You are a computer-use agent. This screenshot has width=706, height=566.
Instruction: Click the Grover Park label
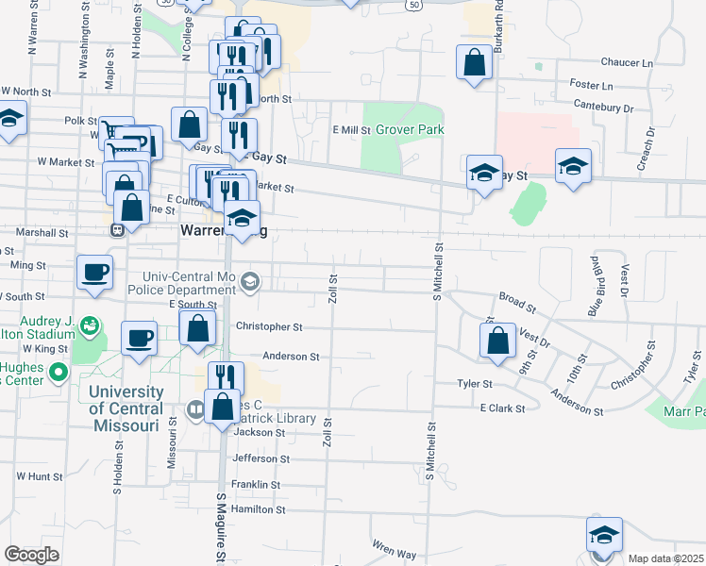[x=410, y=129]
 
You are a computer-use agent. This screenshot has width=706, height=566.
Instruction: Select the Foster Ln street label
[x=591, y=85]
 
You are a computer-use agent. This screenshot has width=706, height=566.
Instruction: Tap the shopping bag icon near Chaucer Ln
[x=475, y=64]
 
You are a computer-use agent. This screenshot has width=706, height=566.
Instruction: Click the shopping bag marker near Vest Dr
[x=497, y=341]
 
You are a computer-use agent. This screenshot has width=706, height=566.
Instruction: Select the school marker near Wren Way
[x=604, y=536]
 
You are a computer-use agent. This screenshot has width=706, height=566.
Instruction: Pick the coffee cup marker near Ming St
[x=94, y=274]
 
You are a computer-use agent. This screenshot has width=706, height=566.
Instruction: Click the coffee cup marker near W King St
[x=139, y=339]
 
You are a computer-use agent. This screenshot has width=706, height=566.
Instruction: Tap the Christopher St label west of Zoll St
[x=271, y=327]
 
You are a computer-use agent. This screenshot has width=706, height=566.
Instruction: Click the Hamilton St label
[x=258, y=509]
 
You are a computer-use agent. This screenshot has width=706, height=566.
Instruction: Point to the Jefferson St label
[x=261, y=459]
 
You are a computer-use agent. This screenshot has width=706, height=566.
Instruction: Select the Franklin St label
[x=257, y=485]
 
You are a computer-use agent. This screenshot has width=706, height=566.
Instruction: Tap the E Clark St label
[x=501, y=408]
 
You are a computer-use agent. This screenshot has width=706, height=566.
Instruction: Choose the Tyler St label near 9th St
[x=476, y=384]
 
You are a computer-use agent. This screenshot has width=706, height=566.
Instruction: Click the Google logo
[x=31, y=555]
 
